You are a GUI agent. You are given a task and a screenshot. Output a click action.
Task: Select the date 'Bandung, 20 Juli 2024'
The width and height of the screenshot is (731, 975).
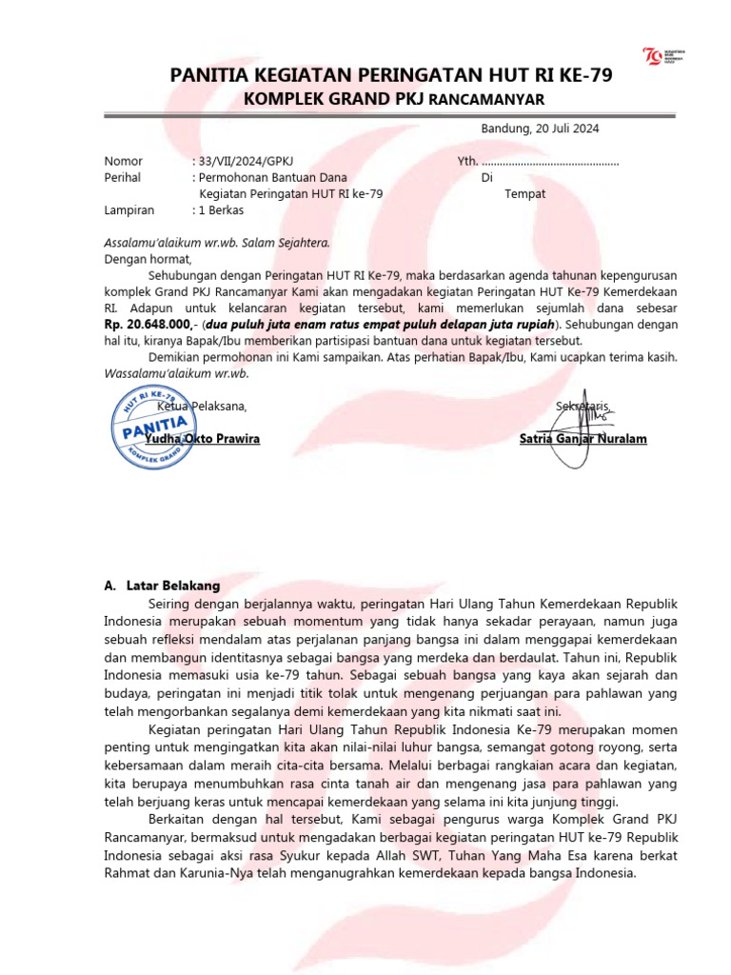click(x=540, y=129)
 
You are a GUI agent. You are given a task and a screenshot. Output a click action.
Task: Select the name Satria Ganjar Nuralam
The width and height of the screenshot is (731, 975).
click(x=583, y=439)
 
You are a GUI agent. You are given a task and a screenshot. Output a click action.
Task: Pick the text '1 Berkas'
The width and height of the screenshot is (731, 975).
click(x=221, y=209)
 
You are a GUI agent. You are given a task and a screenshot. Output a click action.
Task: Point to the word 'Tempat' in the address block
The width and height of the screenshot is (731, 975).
click(x=524, y=193)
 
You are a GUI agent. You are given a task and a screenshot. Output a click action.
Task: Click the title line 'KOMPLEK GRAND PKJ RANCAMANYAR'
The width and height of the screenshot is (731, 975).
click(x=390, y=99)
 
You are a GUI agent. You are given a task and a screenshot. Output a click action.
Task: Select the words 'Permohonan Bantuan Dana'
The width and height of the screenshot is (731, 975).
click(x=272, y=177)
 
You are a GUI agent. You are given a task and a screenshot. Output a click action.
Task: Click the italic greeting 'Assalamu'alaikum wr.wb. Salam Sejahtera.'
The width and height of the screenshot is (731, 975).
click(x=217, y=242)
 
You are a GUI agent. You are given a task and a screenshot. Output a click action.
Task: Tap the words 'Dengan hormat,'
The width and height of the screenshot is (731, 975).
click(x=148, y=258)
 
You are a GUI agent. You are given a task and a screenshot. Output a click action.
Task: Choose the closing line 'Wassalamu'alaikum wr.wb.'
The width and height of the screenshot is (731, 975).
click(x=176, y=373)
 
